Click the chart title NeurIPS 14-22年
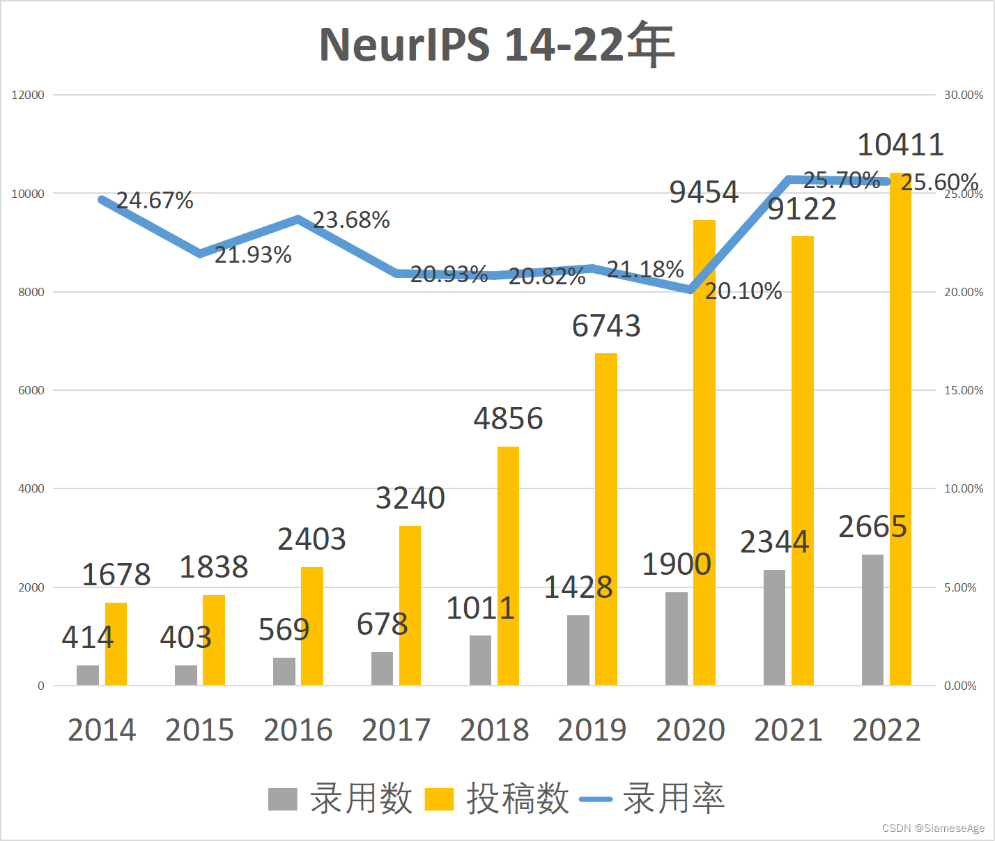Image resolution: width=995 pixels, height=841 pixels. [497, 45]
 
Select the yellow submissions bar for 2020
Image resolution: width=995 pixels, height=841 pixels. [704, 453]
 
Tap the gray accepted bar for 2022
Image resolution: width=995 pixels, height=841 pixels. [872, 619]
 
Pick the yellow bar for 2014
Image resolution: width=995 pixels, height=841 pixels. [116, 644]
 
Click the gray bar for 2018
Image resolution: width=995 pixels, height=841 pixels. [480, 660]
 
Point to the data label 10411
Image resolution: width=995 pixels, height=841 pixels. [900, 145]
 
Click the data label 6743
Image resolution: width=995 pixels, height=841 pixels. [606, 326]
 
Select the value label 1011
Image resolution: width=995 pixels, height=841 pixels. [480, 608]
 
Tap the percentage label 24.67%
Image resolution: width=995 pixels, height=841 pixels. [155, 201]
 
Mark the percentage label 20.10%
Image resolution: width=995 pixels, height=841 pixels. [743, 291]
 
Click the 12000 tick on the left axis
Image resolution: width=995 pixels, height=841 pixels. [28, 95]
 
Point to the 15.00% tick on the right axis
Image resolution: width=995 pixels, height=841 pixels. [964, 390]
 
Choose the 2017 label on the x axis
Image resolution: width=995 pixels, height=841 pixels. [396, 730]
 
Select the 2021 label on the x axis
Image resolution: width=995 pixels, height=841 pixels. [788, 730]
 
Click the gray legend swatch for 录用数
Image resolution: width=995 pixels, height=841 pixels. [282, 799]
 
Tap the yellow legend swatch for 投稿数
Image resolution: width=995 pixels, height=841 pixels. [439, 799]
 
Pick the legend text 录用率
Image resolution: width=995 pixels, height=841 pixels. [673, 798]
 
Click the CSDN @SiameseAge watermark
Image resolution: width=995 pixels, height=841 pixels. [933, 828]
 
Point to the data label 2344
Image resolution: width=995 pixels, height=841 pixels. [774, 542]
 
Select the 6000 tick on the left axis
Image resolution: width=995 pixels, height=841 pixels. [31, 390]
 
